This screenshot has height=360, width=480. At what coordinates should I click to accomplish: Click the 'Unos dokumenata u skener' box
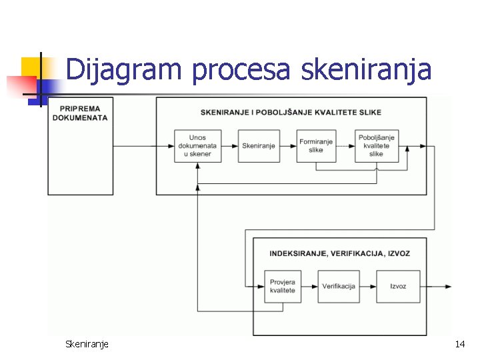(198, 145)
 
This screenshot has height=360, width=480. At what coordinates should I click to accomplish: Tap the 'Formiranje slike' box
(316, 145)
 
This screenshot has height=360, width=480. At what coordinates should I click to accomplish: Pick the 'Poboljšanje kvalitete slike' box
(377, 145)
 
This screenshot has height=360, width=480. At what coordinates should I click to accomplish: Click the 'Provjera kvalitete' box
(283, 286)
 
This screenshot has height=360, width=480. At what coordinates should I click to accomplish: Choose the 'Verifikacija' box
(339, 286)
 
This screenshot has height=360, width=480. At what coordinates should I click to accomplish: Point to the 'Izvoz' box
(398, 286)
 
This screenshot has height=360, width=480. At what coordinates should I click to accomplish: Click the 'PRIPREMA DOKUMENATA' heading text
(83, 113)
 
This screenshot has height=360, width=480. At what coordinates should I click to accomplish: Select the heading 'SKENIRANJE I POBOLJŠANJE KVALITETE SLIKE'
(291, 112)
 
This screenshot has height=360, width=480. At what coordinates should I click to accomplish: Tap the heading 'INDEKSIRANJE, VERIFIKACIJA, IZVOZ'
(339, 253)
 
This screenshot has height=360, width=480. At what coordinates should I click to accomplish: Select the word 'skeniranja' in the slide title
(367, 69)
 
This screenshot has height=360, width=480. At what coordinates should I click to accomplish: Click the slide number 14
(459, 344)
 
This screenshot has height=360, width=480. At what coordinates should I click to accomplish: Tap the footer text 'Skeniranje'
(87, 344)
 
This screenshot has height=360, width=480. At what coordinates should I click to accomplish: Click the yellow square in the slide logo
(31, 67)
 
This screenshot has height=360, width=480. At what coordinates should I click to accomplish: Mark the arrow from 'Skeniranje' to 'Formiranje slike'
(287, 146)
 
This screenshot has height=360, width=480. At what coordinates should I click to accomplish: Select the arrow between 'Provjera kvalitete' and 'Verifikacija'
(310, 286)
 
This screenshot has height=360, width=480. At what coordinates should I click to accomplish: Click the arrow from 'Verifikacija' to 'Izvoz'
(368, 286)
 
